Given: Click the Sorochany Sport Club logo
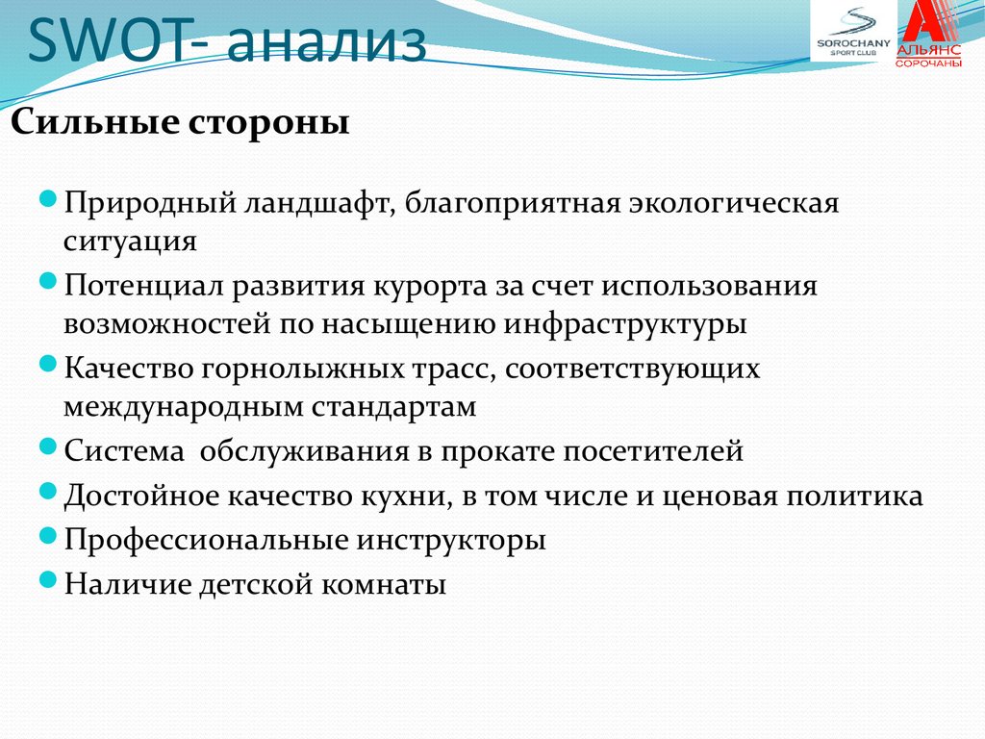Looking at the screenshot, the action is coord(853,32).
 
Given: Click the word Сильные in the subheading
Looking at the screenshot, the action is coord(94,121).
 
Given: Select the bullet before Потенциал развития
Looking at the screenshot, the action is coord(48,281).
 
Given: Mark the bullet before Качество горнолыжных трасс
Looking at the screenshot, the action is coord(48,363).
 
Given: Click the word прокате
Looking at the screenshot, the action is coord(497,452).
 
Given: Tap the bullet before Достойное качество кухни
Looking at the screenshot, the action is coord(48,490).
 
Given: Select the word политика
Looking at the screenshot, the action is coord(855,497).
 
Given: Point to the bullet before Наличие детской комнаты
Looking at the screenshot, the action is coord(48,578).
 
